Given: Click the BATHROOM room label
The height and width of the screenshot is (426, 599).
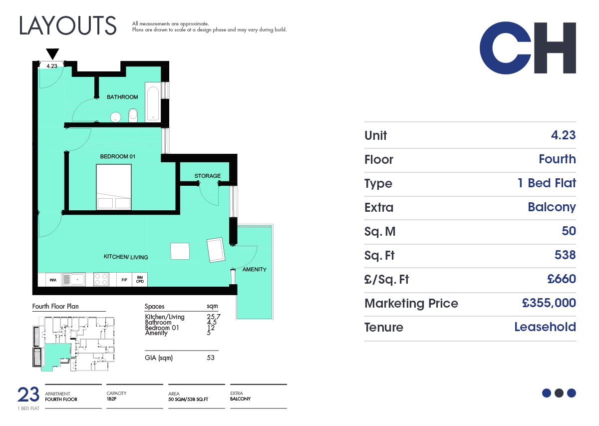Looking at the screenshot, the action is click(122, 97).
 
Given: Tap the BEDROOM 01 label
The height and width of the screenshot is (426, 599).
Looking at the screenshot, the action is click(118, 156).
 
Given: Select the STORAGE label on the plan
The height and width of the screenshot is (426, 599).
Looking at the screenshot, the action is click(208, 176).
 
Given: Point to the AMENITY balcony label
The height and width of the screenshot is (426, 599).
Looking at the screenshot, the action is click(254, 270).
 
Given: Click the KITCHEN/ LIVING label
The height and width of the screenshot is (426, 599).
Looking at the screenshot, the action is click(126, 257).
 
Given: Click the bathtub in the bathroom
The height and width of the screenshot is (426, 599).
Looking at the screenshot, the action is click(153, 102).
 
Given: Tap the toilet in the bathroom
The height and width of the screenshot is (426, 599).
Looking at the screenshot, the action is click(133, 115).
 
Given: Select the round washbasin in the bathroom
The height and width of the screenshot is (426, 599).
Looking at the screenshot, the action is click(115, 117).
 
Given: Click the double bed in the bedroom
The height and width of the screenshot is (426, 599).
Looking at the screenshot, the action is click(114, 187).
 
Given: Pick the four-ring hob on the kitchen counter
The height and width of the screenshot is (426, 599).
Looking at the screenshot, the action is click(101, 279).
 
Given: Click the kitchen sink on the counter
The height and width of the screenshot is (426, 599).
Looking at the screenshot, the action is click(74, 279).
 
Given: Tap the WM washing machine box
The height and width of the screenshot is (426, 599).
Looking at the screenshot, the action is click(53, 280).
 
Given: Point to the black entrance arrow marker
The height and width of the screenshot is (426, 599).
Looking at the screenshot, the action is click(52, 54).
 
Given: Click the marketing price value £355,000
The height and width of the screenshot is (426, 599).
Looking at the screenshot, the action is click(549, 303).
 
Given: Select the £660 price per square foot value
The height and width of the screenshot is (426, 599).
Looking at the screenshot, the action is click(561, 279).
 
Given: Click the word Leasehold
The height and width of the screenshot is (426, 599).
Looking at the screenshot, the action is click(545, 327).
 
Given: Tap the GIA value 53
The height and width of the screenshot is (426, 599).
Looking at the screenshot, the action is click(211, 358).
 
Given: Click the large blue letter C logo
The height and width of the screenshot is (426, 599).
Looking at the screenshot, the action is click(505, 48).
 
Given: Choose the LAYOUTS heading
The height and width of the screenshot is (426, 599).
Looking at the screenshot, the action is click(68, 25).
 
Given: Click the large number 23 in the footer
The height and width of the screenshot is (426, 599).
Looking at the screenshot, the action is click(28, 395).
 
